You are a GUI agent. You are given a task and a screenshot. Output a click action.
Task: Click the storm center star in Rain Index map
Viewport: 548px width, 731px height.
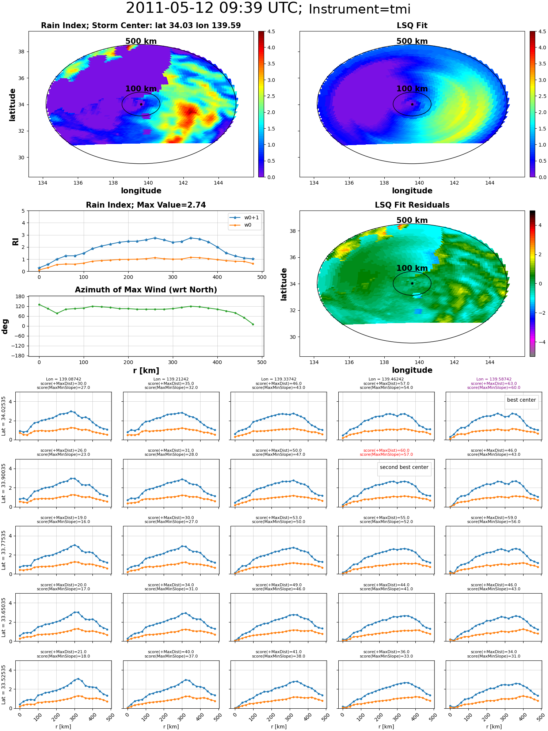click(x=141, y=104)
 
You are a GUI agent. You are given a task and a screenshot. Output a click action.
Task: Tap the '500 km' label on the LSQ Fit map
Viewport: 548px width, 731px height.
click(x=412, y=41)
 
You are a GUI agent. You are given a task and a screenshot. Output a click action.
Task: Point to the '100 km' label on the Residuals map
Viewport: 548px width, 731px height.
click(x=412, y=268)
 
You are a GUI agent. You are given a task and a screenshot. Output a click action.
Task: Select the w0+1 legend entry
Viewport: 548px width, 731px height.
click(x=245, y=217)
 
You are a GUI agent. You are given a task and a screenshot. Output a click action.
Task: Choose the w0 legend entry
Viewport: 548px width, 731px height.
click(x=241, y=225)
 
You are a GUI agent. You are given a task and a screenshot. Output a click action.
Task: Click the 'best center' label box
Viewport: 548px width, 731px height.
click(x=521, y=400)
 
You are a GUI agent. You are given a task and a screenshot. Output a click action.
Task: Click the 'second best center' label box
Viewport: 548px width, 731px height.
click(x=404, y=467)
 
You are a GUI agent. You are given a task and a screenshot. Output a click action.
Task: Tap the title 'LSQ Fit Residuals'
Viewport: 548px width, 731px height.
click(x=412, y=205)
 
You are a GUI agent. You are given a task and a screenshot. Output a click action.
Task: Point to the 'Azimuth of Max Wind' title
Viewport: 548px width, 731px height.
click(x=146, y=290)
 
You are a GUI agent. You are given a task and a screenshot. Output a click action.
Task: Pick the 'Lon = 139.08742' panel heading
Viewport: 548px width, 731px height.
click(x=63, y=379)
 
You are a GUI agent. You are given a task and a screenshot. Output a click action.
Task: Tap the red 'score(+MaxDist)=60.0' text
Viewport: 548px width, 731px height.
click(x=387, y=451)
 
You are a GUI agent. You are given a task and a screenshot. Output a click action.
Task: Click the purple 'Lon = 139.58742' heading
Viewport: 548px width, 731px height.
click(x=494, y=379)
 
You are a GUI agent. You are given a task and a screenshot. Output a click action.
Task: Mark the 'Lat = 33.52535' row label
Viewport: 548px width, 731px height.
click(x=4, y=685)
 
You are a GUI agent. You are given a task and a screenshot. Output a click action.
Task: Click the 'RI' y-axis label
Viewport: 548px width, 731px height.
click(x=15, y=242)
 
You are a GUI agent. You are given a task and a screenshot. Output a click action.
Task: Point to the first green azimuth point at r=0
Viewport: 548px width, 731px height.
click(x=39, y=304)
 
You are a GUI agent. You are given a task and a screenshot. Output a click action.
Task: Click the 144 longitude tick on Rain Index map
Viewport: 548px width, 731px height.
click(x=218, y=183)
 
